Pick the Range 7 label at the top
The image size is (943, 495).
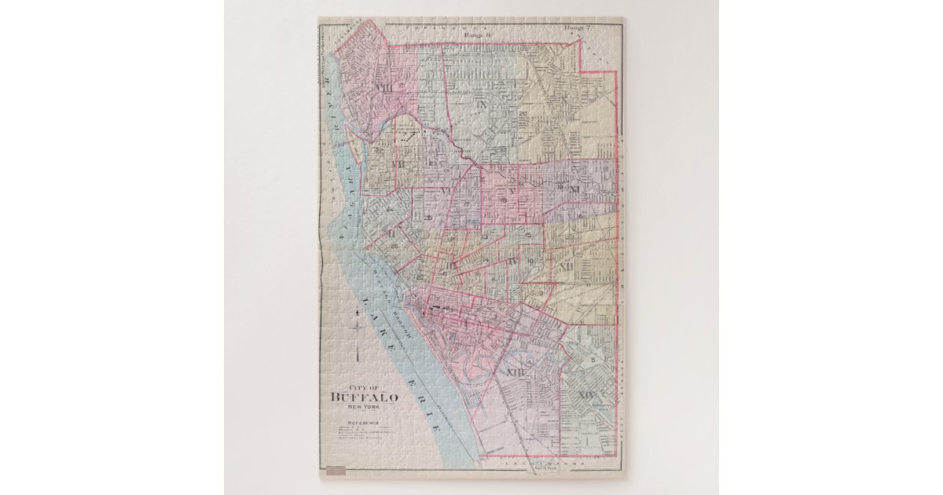click(577, 28)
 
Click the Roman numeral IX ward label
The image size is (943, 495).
click(481, 104)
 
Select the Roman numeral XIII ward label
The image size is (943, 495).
click(516, 372)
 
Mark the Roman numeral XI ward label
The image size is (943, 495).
click(574, 189)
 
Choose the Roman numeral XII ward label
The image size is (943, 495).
click(565, 267)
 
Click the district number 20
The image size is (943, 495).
click(523, 114)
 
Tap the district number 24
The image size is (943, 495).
click(388, 211)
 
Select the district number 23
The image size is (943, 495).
click(432, 163)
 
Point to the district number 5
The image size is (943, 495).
click(604, 360)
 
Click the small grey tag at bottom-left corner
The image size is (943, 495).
click(336, 472)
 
